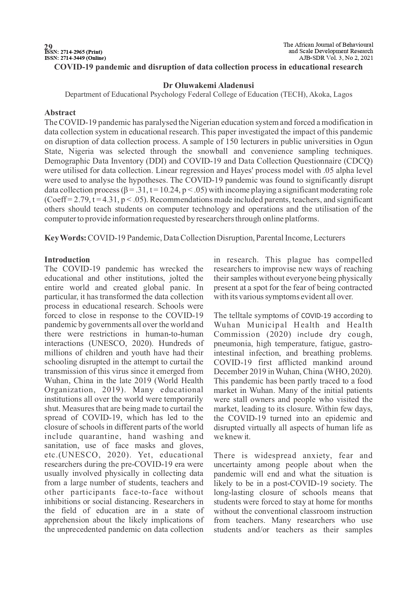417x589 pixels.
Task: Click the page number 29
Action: tap(48, 46)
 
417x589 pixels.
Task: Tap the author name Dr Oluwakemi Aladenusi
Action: tap(208, 85)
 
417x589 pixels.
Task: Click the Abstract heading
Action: tap(60, 112)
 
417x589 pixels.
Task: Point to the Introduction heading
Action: tap(67, 260)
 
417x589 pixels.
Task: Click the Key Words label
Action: tap(66, 238)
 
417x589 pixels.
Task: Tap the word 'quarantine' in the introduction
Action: tap(98, 437)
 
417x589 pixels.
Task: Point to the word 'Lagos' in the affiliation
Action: tap(343, 94)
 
